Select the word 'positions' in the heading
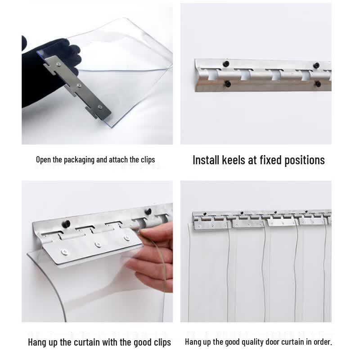click(x=305, y=161)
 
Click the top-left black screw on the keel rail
click(x=226, y=63)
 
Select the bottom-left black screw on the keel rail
click(x=228, y=84)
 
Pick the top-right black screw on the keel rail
click(x=316, y=65)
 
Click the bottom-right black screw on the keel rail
click(x=318, y=84)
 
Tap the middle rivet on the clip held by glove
click(x=79, y=85)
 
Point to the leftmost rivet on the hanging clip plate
click(x=64, y=252)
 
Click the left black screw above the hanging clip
click(x=67, y=223)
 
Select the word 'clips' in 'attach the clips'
click(x=148, y=160)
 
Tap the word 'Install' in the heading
click(x=206, y=160)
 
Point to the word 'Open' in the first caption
click(x=43, y=160)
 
